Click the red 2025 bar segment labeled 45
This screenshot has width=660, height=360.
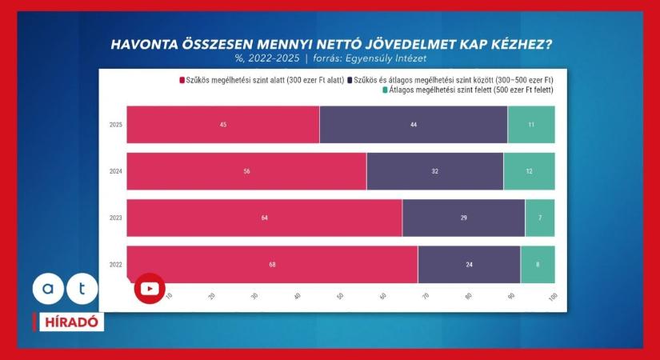coord(222,125)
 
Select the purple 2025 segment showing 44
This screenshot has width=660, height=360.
coord(414,125)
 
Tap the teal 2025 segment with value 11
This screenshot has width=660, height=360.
coord(531,125)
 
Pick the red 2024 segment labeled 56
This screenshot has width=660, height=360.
coord(246,171)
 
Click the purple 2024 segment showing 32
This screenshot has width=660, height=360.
coord(434,171)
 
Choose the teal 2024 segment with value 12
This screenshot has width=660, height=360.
coord(529,171)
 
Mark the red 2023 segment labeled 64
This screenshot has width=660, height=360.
coord(264,218)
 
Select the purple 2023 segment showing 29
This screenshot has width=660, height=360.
coord(463,218)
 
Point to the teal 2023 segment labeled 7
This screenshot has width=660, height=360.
coord(539,218)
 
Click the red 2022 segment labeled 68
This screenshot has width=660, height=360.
coord(272,264)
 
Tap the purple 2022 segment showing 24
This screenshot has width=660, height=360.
coord(469,264)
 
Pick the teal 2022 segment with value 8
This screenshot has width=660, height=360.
coord(538,264)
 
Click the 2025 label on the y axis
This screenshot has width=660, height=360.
coord(116,125)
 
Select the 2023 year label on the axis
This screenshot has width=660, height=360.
coord(116,218)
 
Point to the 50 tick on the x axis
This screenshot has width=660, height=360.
coord(340,297)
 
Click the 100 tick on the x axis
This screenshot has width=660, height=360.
coord(552,297)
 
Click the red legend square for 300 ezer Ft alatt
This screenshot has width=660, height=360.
coord(182,80)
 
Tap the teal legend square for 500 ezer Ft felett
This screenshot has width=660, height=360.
coord(385,90)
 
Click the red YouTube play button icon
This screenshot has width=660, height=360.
coord(149,288)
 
